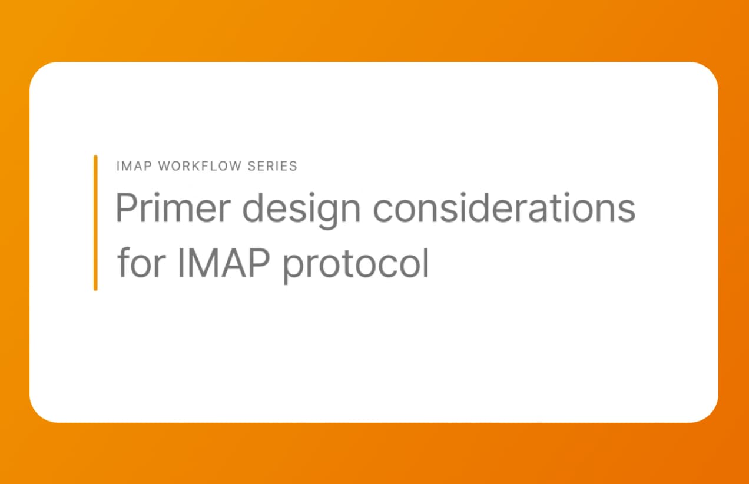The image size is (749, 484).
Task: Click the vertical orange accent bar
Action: (95, 223)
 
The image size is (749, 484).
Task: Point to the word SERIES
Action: (272, 166)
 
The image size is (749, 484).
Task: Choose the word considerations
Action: (505, 208)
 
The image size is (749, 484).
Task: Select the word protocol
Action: (356, 264)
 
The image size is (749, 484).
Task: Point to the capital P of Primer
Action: (126, 208)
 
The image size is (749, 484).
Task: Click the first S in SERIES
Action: (251, 166)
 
